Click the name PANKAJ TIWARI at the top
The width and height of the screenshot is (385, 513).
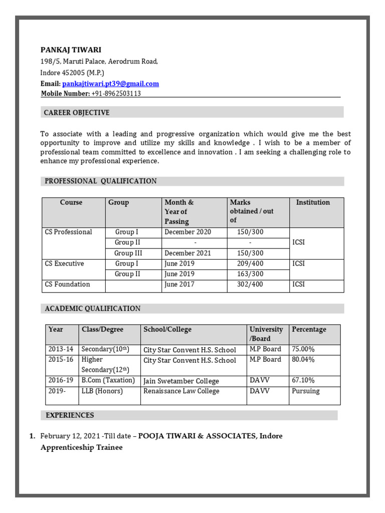tap(71, 50)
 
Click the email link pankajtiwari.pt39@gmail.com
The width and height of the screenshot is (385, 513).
tap(110, 84)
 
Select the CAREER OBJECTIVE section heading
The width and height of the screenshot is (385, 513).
tap(76, 113)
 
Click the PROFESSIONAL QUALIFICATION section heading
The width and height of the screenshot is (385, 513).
tap(101, 181)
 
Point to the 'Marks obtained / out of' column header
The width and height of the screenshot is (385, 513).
tap(252, 211)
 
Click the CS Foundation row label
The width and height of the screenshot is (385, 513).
tap(68, 285)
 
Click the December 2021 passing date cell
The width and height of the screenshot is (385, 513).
tap(187, 253)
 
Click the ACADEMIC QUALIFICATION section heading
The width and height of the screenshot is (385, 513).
tap(93, 309)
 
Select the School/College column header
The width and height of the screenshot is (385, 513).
tap(167, 330)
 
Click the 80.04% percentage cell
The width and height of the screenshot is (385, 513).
tap(304, 360)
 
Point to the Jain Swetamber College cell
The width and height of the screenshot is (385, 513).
tap(181, 381)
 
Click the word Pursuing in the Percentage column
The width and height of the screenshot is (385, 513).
tap(305, 391)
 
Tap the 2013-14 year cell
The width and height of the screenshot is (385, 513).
tap(61, 349)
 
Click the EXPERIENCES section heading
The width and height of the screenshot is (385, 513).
tap(70, 415)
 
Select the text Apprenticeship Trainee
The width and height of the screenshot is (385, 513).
tap(81, 447)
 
